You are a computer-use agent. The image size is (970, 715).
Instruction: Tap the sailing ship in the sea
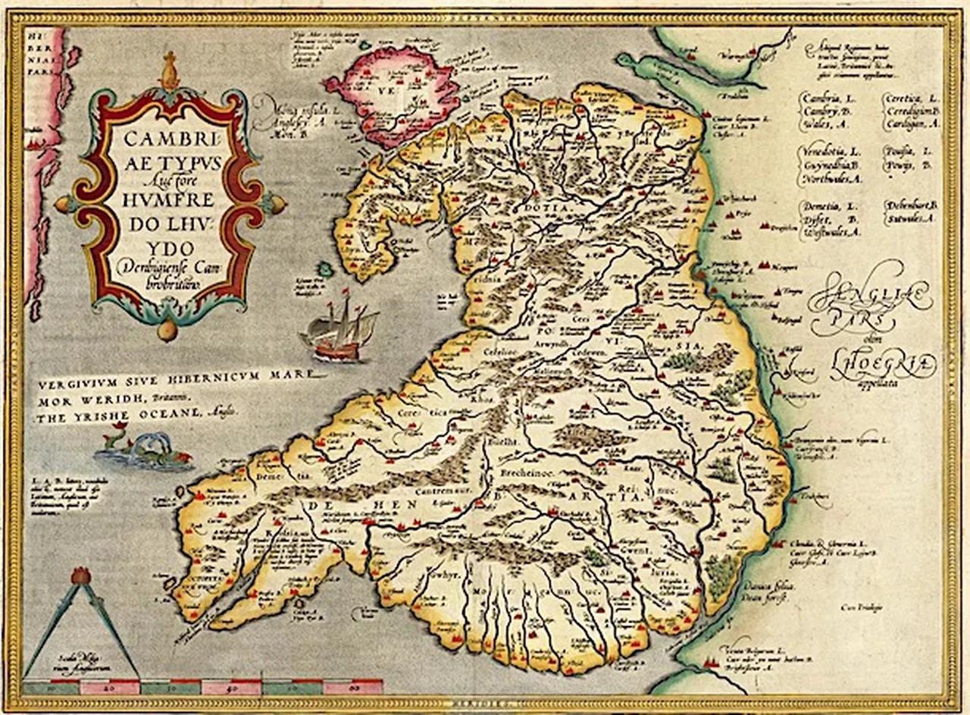pos(339,326)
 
